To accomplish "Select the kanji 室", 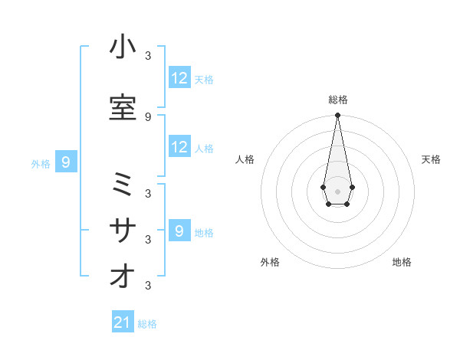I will [x=123, y=109].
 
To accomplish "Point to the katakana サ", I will [x=123, y=230].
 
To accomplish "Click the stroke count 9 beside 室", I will [x=148, y=116].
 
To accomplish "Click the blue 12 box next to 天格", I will [x=179, y=78].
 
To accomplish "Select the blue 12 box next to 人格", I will [x=179, y=147].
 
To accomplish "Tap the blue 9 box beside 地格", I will [x=179, y=231].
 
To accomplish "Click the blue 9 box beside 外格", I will [x=67, y=162].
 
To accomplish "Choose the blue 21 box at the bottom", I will [x=123, y=322].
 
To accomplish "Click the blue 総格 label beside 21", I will [x=147, y=324].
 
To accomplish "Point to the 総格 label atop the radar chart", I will [x=337, y=100].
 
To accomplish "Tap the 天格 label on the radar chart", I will [x=431, y=159].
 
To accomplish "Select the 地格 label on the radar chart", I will [x=402, y=263].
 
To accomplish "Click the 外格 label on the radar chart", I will [x=270, y=263].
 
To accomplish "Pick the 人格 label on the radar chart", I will [x=245, y=159].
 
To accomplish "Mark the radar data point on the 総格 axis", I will [x=337, y=116].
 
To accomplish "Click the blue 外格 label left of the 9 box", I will [x=41, y=163].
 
